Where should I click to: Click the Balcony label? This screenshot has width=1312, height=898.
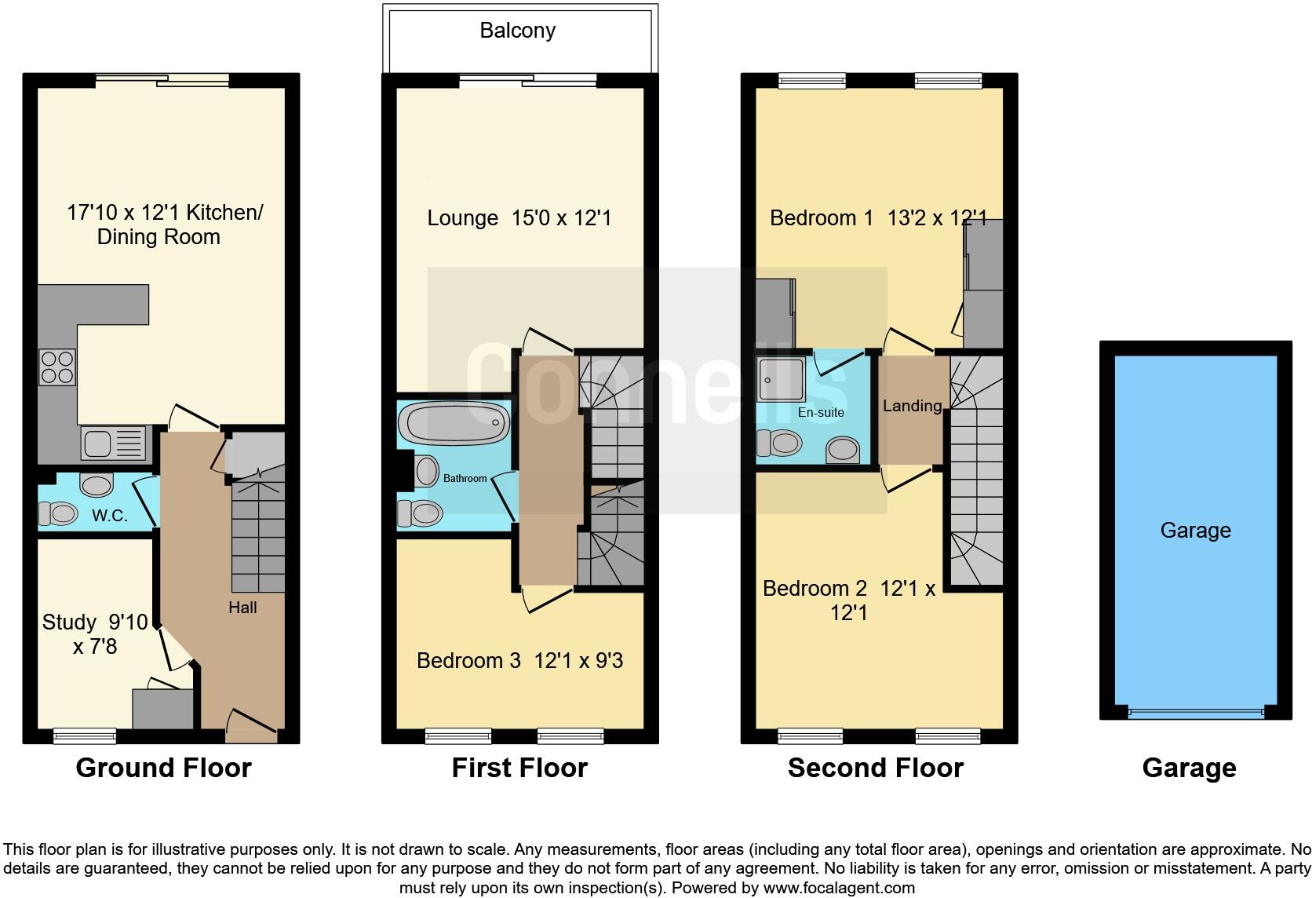[517, 31]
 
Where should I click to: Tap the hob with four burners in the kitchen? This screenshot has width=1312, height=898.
[57, 367]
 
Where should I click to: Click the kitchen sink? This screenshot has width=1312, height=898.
[113, 443]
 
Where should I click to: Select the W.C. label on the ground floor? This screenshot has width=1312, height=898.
[109, 516]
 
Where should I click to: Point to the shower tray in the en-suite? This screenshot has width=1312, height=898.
[780, 379]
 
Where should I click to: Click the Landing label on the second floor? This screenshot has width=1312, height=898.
[911, 406]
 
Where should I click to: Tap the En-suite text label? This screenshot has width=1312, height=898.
[821, 412]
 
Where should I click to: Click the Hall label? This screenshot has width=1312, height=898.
[242, 607]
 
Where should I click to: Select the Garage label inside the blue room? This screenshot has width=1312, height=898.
[1195, 531]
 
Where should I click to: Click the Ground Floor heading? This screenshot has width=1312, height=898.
[163, 767]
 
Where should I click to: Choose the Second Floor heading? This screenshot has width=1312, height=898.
[875, 767]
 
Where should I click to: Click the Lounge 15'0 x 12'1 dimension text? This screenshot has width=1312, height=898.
[519, 217]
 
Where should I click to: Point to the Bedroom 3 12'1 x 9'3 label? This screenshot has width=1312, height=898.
[519, 660]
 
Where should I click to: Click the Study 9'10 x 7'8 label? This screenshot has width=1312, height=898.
[94, 634]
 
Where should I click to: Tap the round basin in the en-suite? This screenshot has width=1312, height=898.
[844, 451]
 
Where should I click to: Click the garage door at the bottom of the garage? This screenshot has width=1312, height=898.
[1195, 713]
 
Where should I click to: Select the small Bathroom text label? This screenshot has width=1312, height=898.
[465, 478]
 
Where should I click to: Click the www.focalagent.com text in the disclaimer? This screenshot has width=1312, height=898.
[839, 888]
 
